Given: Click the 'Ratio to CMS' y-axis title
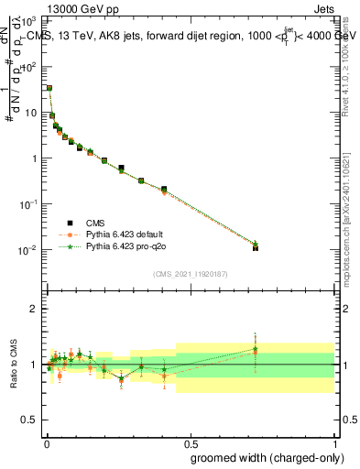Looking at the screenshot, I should coord(14,365).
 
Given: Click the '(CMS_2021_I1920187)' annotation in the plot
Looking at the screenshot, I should coord(190,273).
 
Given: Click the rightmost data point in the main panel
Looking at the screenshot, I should coord(256,247).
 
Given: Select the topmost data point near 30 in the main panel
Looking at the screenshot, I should coord(49,88).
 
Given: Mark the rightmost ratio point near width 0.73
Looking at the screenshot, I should coord(256,350).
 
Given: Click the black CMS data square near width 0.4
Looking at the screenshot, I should coord(164,190).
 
